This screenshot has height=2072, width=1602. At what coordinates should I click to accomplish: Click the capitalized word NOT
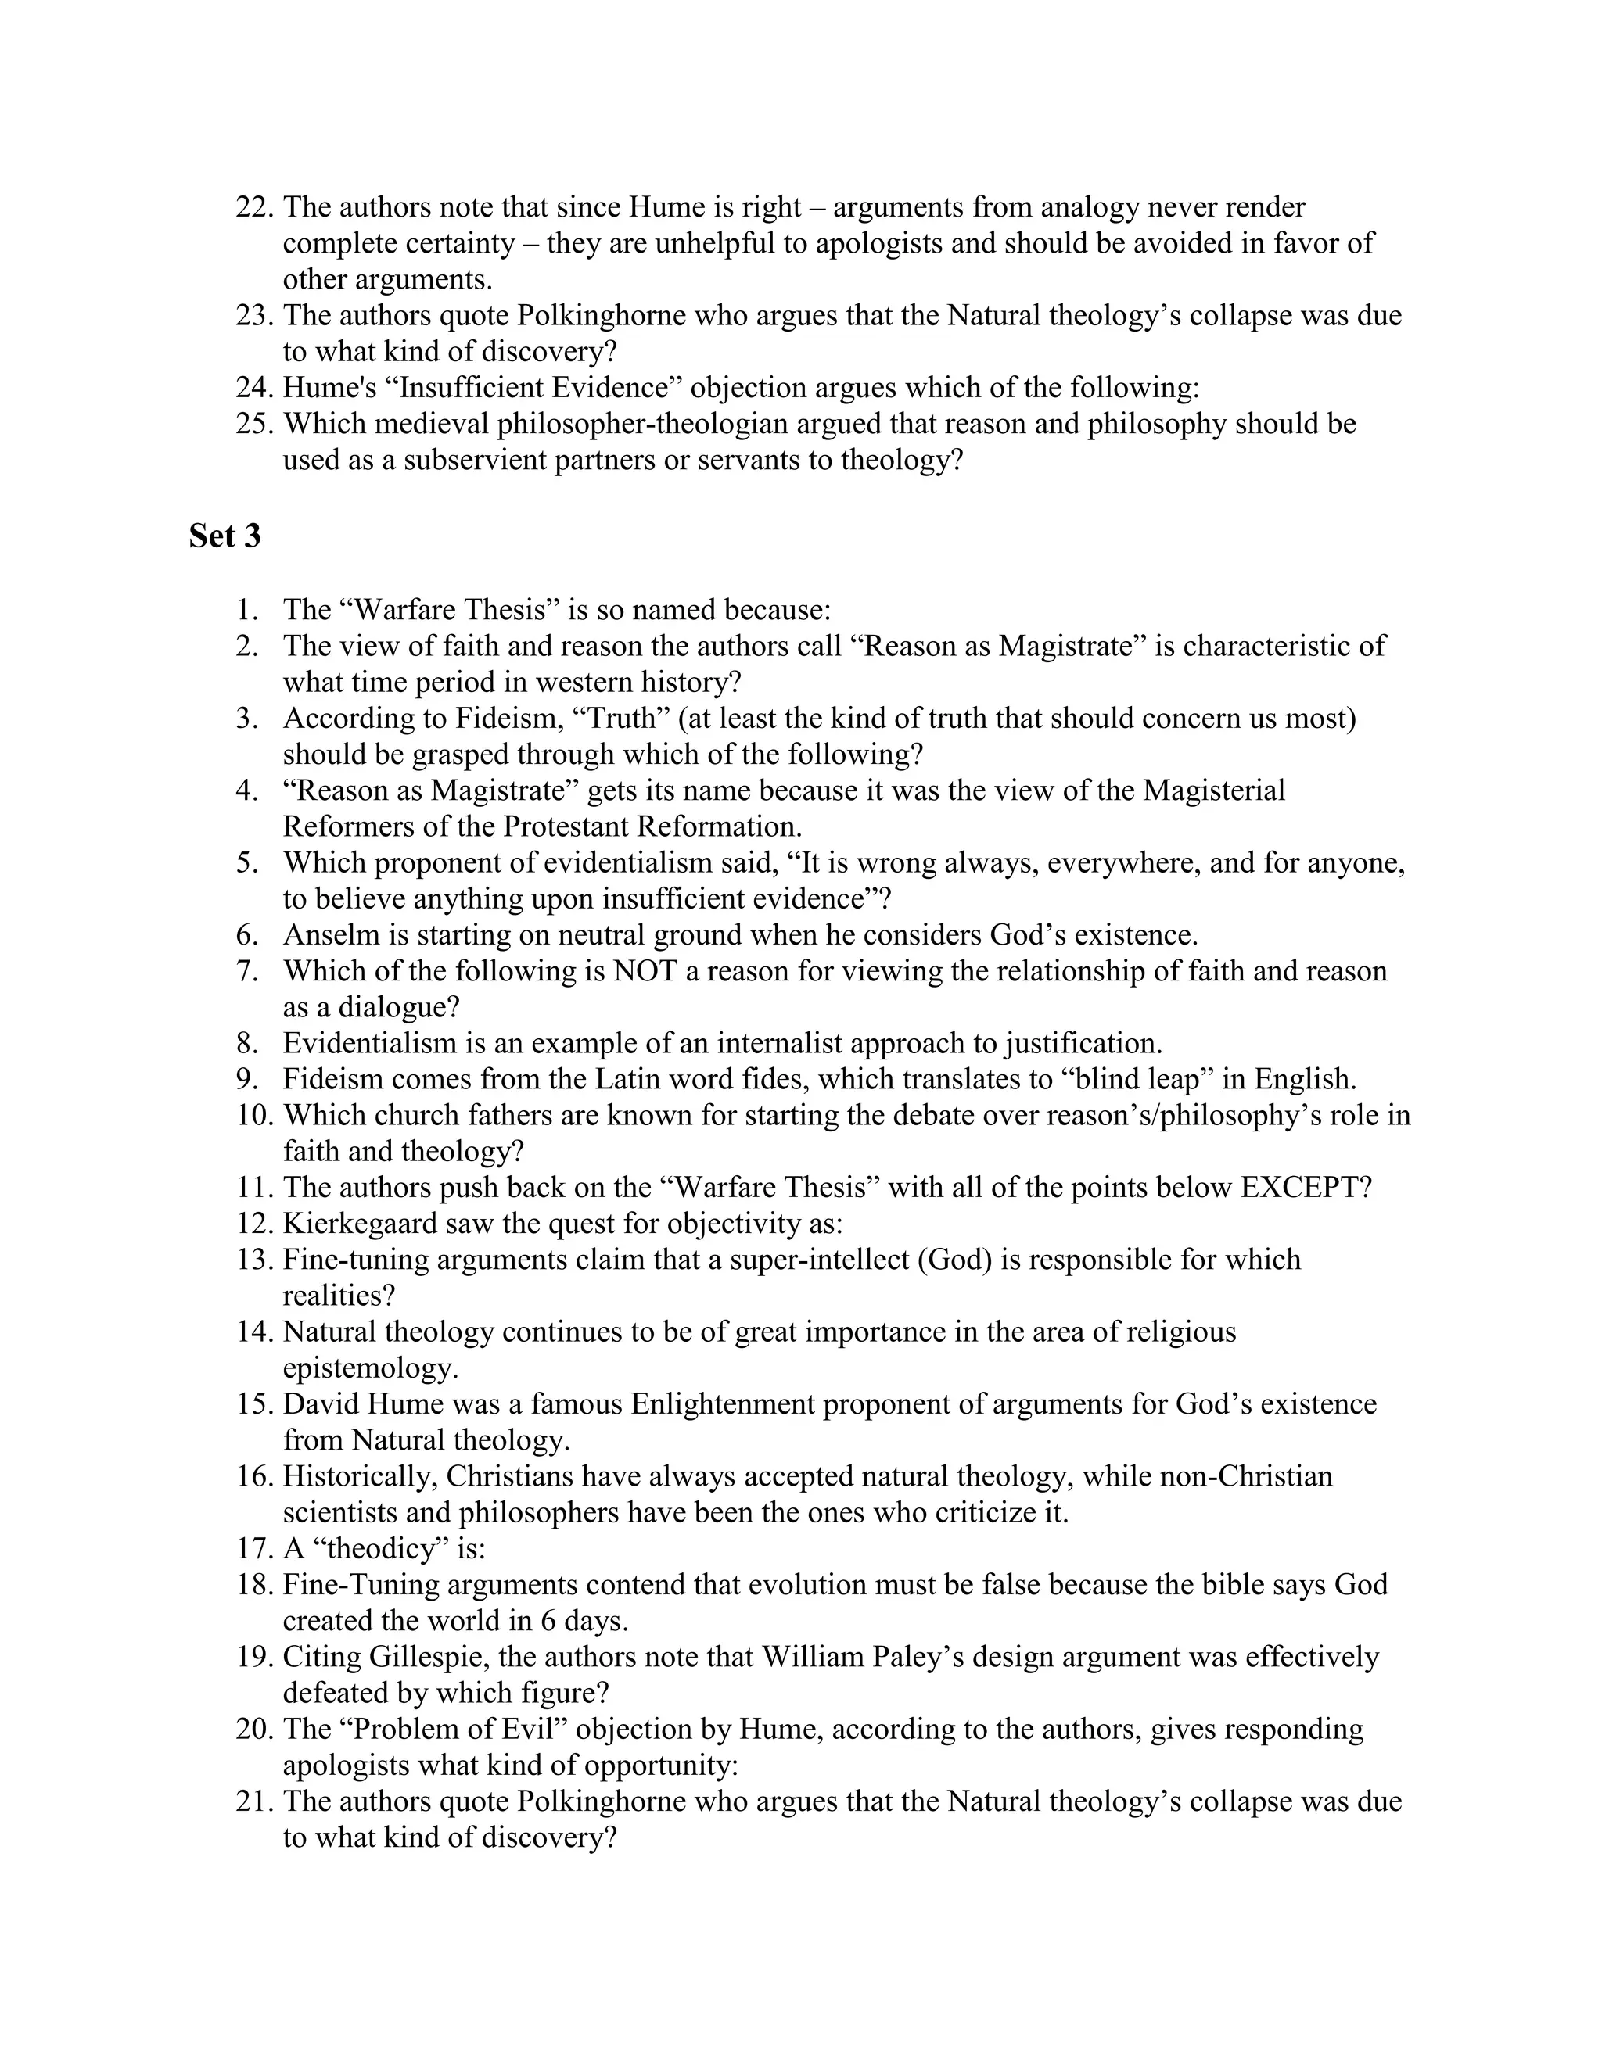(645, 971)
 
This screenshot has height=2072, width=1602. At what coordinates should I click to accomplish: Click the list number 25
(254, 424)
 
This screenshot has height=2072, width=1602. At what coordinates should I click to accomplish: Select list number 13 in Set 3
(254, 1260)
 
